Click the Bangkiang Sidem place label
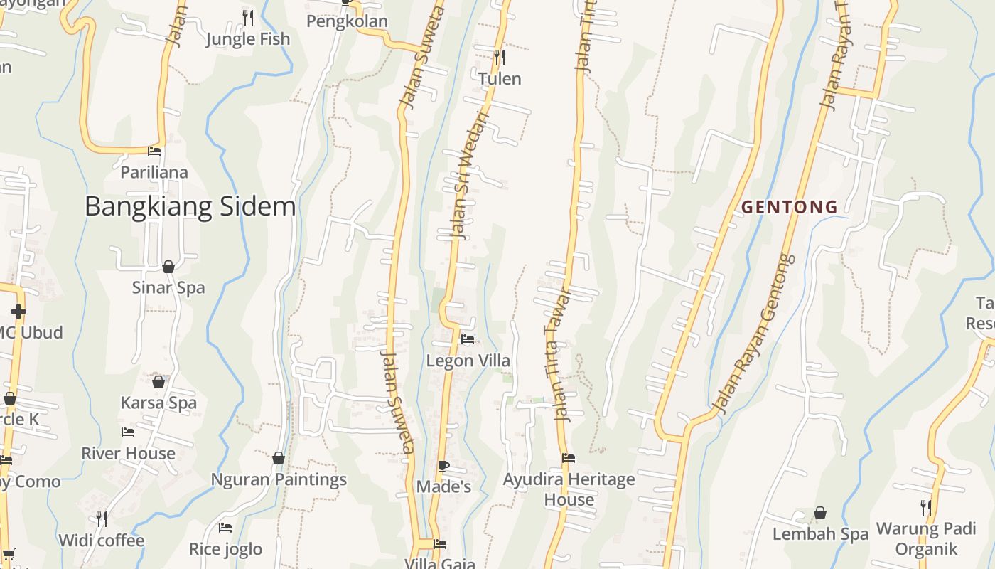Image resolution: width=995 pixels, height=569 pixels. coord(190,206)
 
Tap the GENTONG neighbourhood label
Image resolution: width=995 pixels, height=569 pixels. coord(790,207)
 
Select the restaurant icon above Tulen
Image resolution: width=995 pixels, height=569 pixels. coord(499,56)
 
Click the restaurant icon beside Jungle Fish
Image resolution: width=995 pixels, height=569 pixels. coord(247,17)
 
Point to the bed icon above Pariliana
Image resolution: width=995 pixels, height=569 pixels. coord(154,151)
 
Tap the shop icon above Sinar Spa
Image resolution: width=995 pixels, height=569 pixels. coord(168,267)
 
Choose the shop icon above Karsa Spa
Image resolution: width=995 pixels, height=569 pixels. coord(158,382)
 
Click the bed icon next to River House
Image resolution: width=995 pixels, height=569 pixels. coord(128,432)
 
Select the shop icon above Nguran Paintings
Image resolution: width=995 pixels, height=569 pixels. coord(279,458)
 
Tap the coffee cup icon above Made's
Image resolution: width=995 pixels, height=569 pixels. coord(443,467)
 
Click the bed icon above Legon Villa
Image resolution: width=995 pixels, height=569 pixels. coord(468,339)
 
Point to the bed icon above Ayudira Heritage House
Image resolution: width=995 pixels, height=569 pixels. coord(569,458)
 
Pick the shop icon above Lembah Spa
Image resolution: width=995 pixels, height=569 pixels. coord(820,513)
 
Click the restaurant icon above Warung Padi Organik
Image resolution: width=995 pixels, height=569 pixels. coord(925,507)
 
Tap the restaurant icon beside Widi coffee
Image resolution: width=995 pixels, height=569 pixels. coord(102,519)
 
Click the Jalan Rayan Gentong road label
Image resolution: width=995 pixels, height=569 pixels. coord(753,334)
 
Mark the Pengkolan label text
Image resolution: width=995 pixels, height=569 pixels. coord(347,21)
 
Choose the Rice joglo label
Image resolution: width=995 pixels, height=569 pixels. coord(225,549)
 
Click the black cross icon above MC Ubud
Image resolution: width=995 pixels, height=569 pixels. coord(18,312)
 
